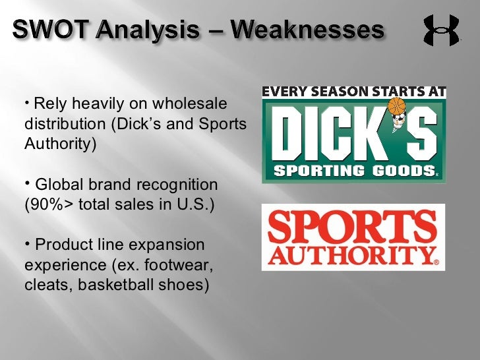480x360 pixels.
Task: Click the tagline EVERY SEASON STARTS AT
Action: coord(354,92)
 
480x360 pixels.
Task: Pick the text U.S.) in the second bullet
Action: coord(195,204)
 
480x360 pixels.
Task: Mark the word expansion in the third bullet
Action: coord(172,245)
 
